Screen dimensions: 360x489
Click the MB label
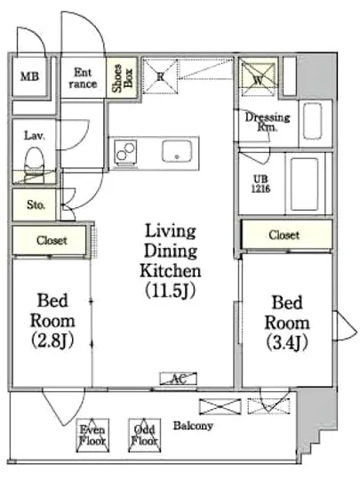[x=30, y=76]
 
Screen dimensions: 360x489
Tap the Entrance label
[x=83, y=78]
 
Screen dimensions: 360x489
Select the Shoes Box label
[x=123, y=78]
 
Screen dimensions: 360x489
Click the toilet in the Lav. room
[x=34, y=160]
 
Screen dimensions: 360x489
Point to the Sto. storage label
[x=36, y=204]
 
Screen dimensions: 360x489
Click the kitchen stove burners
[x=125, y=151]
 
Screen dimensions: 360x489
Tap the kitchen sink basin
[x=176, y=151]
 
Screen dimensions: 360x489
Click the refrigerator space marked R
[x=160, y=76]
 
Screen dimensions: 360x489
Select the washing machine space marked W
[x=258, y=78]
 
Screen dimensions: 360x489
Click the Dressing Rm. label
[x=268, y=122]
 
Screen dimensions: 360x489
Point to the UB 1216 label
[x=260, y=184]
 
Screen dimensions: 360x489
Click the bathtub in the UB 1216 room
[x=305, y=184]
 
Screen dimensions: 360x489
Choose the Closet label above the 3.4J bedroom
[x=284, y=235]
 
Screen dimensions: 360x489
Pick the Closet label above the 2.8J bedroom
[x=52, y=240]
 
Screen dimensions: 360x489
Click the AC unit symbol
[x=179, y=379]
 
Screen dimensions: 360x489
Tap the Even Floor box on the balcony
[x=92, y=436]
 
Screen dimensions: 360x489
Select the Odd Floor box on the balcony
[x=145, y=436]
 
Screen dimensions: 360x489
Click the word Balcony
[x=193, y=426]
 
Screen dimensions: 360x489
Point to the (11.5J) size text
[x=170, y=291]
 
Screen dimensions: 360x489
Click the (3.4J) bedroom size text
[x=287, y=342]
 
